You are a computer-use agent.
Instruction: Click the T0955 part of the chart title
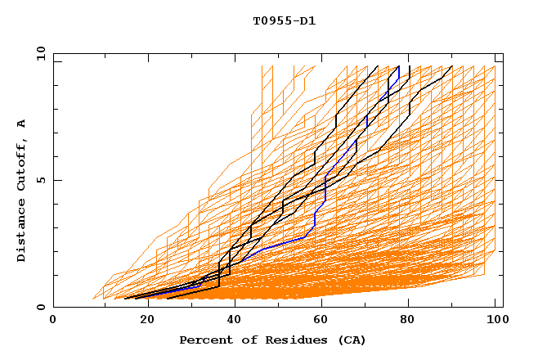[269, 20]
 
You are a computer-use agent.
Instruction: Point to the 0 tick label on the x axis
[53, 320]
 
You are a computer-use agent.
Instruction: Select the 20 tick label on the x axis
[142, 320]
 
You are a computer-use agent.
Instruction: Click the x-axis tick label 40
[231, 320]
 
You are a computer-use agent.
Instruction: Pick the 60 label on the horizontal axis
[320, 320]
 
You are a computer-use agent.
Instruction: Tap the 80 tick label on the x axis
[408, 320]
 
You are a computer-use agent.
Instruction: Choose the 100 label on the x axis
[494, 320]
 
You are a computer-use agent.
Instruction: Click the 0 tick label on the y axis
[40, 308]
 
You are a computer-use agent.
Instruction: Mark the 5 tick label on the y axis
[40, 180]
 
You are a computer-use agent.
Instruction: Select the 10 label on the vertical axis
[38, 52]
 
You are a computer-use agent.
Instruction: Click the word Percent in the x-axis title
[205, 340]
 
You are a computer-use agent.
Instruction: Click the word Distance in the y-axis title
[21, 232]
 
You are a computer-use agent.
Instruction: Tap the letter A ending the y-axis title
[21, 124]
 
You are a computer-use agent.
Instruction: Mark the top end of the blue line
[399, 67]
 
